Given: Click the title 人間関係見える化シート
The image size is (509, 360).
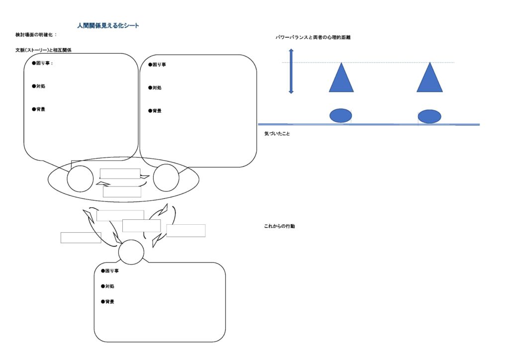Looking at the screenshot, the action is [x=108, y=26].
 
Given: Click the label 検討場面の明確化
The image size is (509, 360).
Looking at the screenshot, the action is [x=34, y=35].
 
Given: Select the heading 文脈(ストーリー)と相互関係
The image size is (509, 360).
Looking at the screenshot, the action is [x=44, y=50].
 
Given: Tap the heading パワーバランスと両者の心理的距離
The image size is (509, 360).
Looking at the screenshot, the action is [x=313, y=37].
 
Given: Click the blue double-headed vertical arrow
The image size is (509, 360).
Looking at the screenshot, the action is [x=291, y=71].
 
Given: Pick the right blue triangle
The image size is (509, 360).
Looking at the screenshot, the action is [x=429, y=77].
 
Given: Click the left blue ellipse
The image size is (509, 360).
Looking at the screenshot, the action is [x=341, y=115].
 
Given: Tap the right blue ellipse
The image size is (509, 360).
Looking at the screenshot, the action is [x=429, y=116].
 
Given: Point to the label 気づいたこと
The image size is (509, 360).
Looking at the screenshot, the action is [x=277, y=133].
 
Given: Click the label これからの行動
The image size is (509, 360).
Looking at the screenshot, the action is [x=279, y=226].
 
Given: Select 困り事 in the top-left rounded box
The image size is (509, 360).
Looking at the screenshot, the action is [x=43, y=63].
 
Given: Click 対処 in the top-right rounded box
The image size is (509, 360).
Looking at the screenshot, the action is [x=157, y=88].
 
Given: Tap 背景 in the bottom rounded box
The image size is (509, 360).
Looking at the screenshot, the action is [x=110, y=301].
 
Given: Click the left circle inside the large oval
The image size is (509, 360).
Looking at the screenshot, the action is [x=80, y=179].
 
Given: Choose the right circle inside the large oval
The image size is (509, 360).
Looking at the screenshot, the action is [x=166, y=178].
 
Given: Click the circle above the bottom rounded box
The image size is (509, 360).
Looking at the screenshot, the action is [x=131, y=252].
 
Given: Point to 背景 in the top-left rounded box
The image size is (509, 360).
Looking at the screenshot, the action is [x=41, y=109].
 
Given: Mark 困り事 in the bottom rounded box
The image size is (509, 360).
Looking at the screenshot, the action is [x=112, y=270].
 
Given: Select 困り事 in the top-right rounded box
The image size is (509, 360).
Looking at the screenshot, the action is [x=159, y=65].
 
